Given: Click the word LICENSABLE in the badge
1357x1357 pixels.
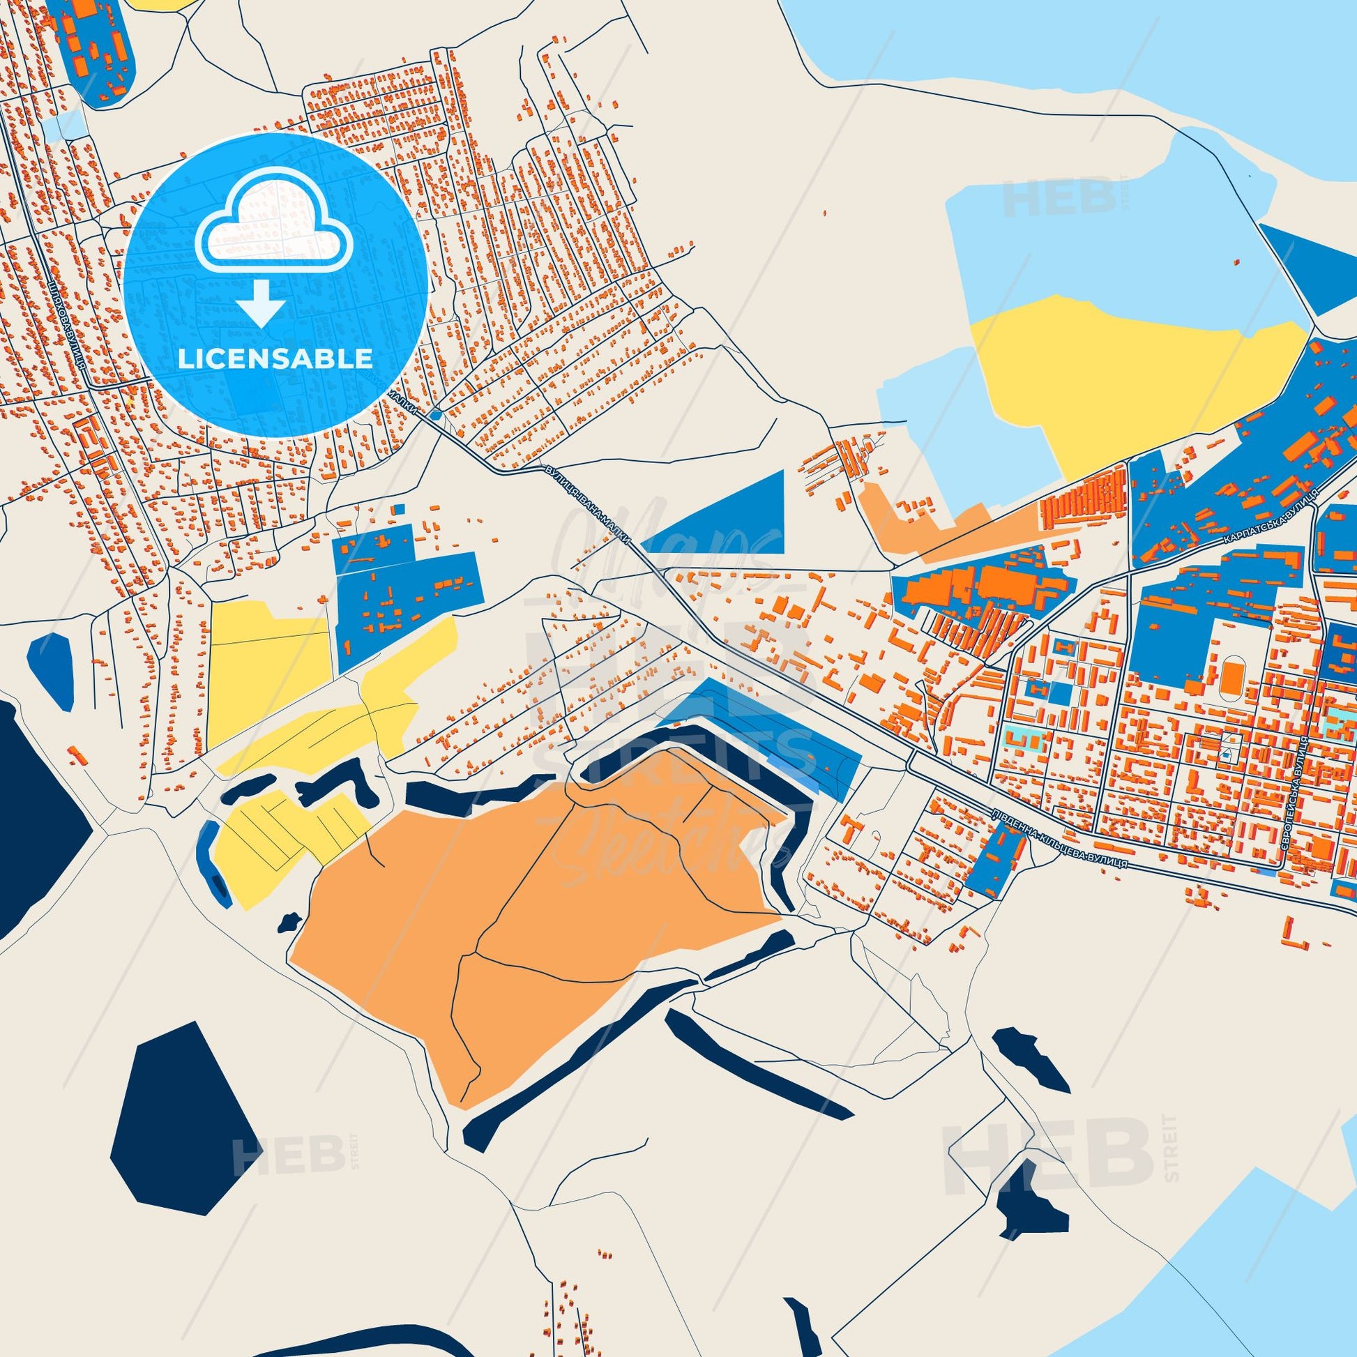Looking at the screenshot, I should (x=275, y=359).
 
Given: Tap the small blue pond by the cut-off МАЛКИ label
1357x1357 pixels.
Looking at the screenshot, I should (x=435, y=415).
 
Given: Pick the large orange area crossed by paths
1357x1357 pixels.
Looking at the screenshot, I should (x=534, y=892).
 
